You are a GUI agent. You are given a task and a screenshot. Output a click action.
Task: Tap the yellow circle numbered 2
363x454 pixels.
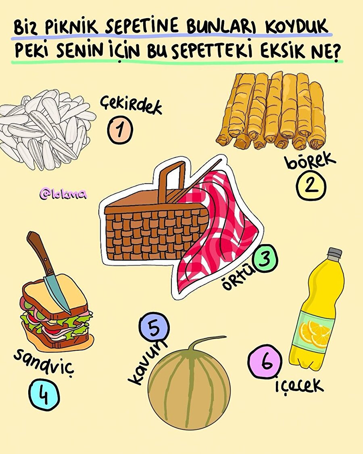click(311, 186)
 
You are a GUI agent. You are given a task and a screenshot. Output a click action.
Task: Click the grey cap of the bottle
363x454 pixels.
click(334, 254)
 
